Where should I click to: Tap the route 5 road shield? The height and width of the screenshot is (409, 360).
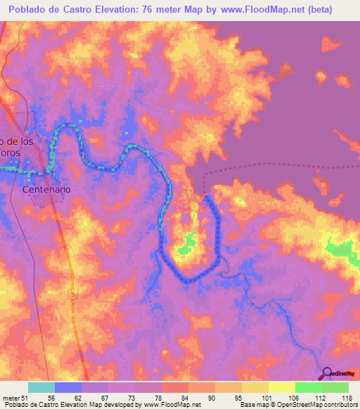[x=72, y=294]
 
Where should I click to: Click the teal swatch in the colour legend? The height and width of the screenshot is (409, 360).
[x=41, y=387]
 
